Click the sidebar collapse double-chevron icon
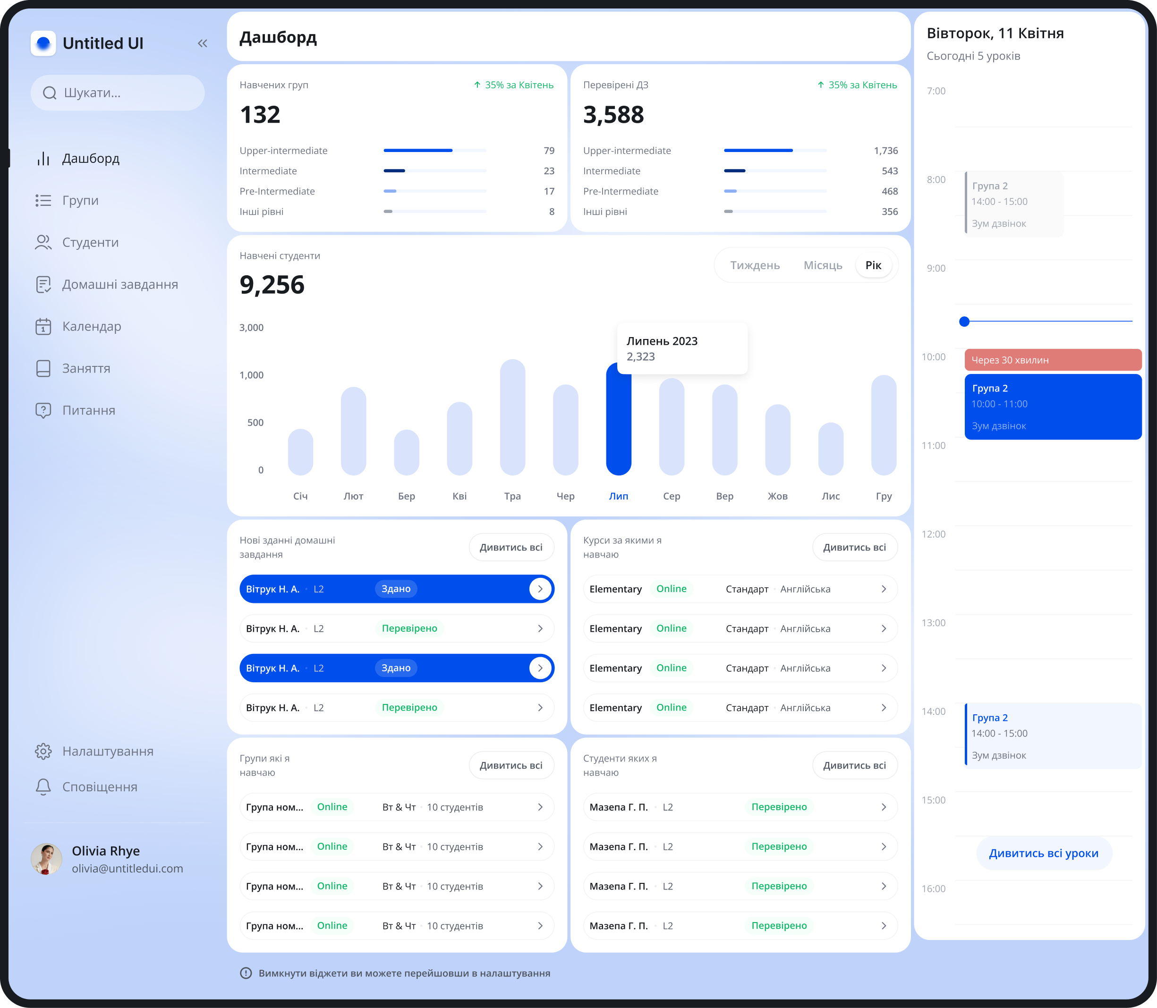pyautogui.click(x=203, y=43)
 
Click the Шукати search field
pyautogui.click(x=118, y=93)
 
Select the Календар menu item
pyautogui.click(x=91, y=326)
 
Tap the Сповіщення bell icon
pyautogui.click(x=43, y=787)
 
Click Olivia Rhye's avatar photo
pyautogui.click(x=46, y=859)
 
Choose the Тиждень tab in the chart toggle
pyautogui.click(x=755, y=265)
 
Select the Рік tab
pyautogui.click(x=873, y=265)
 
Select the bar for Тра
pyautogui.click(x=512, y=417)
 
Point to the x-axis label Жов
pyautogui.click(x=777, y=496)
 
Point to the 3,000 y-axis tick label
pyautogui.click(x=252, y=327)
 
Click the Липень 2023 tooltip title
pyautogui.click(x=662, y=341)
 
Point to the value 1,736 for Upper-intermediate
pyautogui.click(x=885, y=151)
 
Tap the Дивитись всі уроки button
pyautogui.click(x=1043, y=853)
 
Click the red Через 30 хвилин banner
pyautogui.click(x=1052, y=360)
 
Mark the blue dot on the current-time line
pyautogui.click(x=964, y=322)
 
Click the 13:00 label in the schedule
pyautogui.click(x=933, y=623)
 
